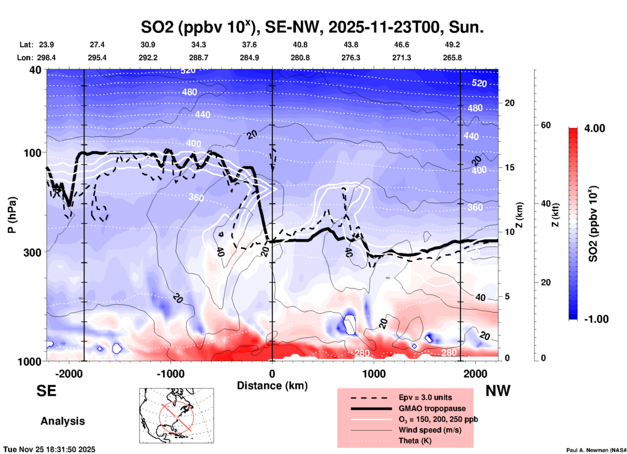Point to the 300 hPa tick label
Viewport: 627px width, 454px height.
pos(32,252)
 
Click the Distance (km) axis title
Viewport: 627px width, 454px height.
pos(272,386)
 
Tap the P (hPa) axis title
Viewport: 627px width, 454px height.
pos(12,215)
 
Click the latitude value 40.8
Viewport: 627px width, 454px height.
pos(300,45)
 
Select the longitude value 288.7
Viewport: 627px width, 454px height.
pos(199,58)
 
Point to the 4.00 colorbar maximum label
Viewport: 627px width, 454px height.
pos(594,128)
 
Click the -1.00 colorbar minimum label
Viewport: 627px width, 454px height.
pos(596,319)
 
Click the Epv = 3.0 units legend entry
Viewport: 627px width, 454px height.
pos(425,397)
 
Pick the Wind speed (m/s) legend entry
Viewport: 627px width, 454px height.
pos(430,430)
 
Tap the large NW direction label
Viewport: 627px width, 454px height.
pos(498,391)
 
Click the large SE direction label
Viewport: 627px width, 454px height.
pos(46,391)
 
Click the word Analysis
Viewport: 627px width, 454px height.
pos(63,421)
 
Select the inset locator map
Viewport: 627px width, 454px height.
pos(176,416)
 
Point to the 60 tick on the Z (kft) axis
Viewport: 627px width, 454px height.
pos(546,125)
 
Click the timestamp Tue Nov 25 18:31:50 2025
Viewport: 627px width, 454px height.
pos(49,449)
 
